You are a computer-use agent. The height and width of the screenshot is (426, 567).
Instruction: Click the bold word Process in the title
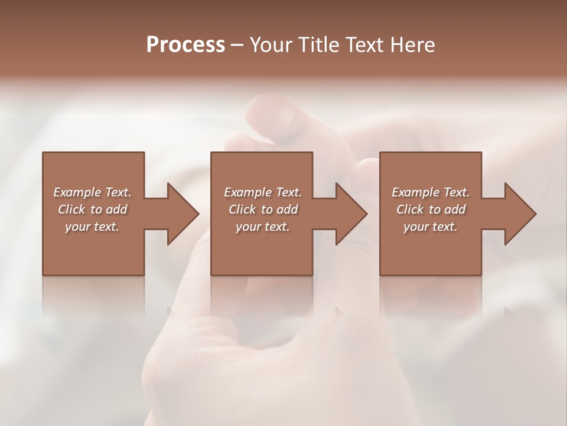click(x=185, y=45)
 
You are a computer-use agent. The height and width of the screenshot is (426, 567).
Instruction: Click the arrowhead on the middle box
click(x=351, y=214)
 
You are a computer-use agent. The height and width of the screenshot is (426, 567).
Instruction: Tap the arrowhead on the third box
click(x=520, y=214)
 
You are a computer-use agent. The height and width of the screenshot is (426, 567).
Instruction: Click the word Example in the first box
click(x=77, y=192)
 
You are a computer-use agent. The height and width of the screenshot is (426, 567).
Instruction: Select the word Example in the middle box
click(x=247, y=192)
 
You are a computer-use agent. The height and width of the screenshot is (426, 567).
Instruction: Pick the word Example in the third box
click(x=416, y=192)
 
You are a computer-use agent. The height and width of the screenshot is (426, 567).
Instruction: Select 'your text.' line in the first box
click(x=92, y=227)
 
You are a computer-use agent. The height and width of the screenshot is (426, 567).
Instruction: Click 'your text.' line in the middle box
click(x=262, y=227)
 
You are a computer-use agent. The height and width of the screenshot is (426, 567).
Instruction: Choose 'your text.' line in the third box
click(x=430, y=227)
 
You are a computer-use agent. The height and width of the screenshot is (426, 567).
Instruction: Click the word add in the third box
click(x=455, y=209)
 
